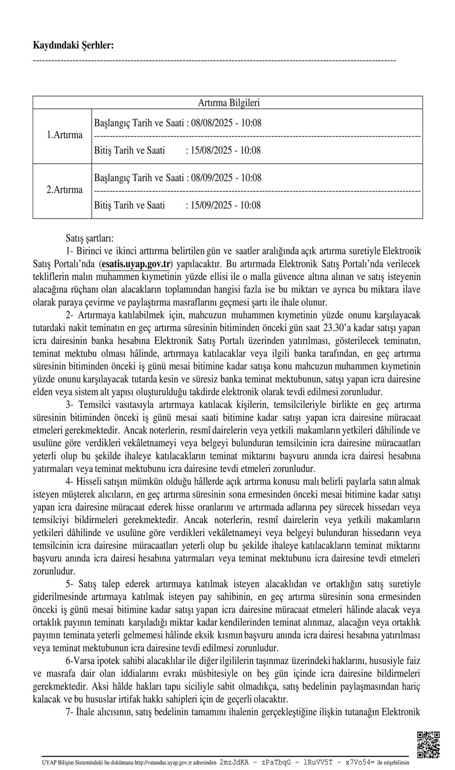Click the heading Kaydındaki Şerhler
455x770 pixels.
[x=73, y=45]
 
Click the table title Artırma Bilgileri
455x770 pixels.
[x=229, y=103]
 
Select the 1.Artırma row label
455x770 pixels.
[x=64, y=135]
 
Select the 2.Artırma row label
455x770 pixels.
[x=64, y=190]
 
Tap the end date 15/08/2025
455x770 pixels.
[x=211, y=151]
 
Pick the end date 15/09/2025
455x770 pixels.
[x=211, y=205]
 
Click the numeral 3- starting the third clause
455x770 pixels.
[x=70, y=405]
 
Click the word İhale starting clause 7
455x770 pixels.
[x=86, y=712]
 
